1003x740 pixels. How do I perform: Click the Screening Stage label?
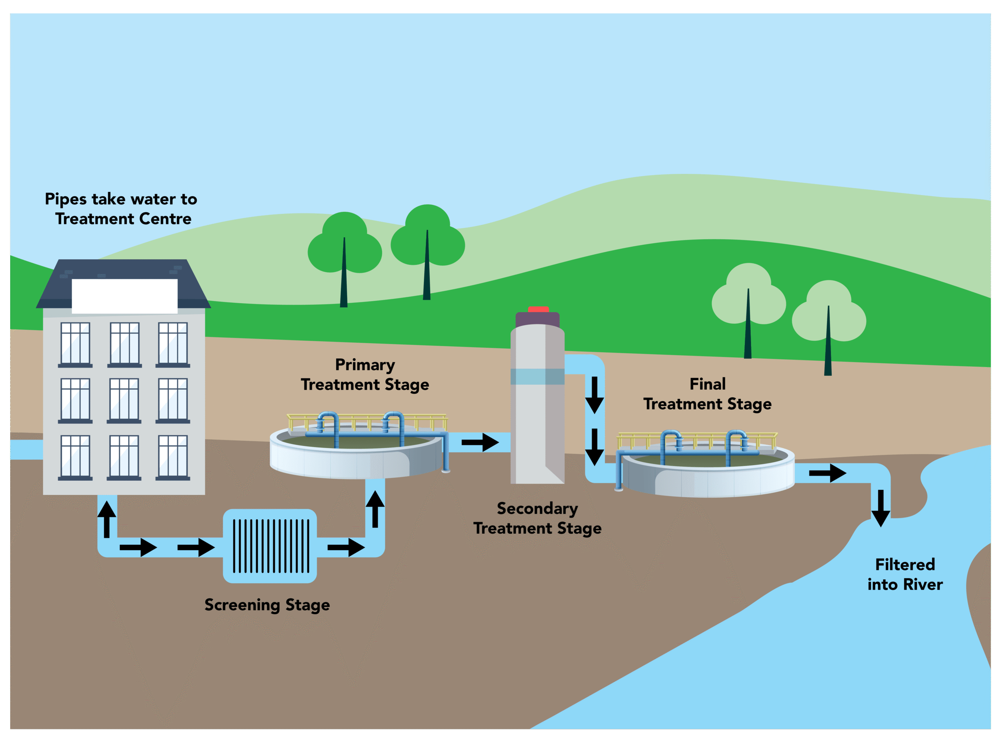pos(267,605)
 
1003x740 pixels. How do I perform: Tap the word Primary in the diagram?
pos(365,365)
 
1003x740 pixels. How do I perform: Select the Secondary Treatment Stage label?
pos(537,518)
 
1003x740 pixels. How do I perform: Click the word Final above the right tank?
pos(707,384)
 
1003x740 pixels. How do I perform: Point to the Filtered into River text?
pos(905,574)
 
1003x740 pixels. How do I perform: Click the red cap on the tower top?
pos(538,309)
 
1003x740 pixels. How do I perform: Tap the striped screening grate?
pos(271,545)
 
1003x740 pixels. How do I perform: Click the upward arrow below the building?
pos(107,520)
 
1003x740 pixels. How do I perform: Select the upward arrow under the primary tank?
pos(375,509)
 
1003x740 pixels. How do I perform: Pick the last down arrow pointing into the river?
pos(880,508)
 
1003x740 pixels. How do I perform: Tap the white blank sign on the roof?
pos(125,296)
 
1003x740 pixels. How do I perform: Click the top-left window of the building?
pos(75,344)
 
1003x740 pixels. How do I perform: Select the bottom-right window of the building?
pos(173,456)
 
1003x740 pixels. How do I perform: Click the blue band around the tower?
pos(537,376)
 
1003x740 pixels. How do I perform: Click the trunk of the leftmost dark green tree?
pos(344,278)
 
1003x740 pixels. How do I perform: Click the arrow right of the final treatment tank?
pos(827,473)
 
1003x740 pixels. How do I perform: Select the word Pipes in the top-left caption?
pos(65,199)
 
